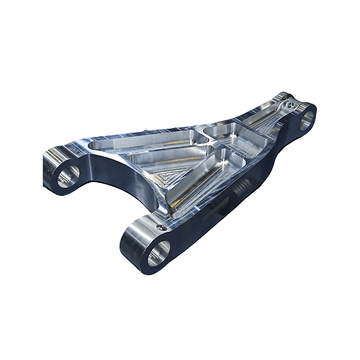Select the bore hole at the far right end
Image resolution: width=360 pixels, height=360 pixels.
click(305, 117)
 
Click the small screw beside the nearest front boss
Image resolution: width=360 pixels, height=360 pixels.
click(168, 229)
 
